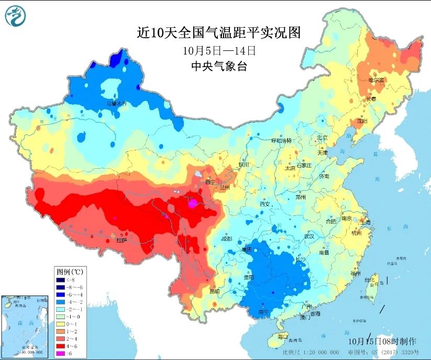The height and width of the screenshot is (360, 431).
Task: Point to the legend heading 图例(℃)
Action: (71, 271)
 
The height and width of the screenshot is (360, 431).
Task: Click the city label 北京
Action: (322, 138)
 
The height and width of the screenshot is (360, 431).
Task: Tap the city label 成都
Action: (226, 238)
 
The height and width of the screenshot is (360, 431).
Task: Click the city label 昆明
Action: (215, 291)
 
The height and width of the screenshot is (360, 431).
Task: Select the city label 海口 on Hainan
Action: (283, 336)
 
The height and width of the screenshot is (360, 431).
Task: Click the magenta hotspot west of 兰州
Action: (193, 202)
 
